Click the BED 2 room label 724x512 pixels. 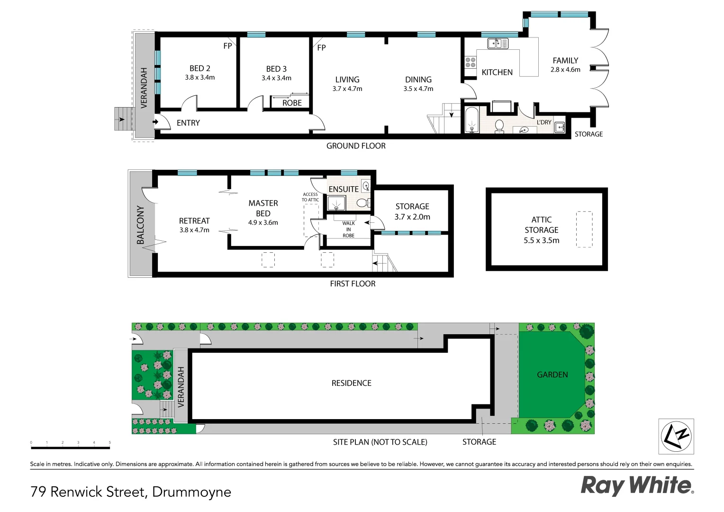point(200,68)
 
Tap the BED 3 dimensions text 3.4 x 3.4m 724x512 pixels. point(276,78)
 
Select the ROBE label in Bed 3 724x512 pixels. point(292,103)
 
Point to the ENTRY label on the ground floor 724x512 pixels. point(188,123)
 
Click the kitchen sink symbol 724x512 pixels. point(498,44)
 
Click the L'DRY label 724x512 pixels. point(544,122)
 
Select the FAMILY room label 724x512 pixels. point(565,61)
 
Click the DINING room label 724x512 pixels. point(418,80)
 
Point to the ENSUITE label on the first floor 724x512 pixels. point(344,189)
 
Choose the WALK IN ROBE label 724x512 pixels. point(348,229)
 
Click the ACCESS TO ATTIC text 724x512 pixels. point(310,197)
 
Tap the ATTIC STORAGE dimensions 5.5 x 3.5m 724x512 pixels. point(541,240)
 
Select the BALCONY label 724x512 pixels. point(141,225)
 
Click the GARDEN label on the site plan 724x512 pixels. point(552,375)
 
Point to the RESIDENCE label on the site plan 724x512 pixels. point(351,383)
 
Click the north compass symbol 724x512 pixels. point(676,436)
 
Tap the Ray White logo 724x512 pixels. point(637,485)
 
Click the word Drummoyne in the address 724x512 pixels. point(191,492)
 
